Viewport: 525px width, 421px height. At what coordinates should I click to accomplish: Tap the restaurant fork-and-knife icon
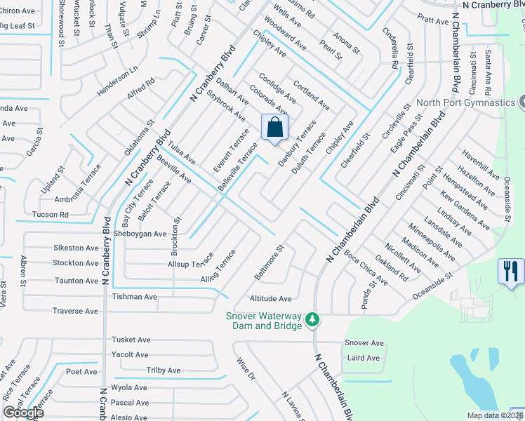pos(510,272)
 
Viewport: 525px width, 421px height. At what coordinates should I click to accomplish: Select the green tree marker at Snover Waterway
pos(312,321)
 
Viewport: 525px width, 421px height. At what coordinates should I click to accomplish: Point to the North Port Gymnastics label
pos(466,102)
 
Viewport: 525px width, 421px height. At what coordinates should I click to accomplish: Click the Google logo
pos(23,413)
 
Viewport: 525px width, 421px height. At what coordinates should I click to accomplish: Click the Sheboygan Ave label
pos(140,234)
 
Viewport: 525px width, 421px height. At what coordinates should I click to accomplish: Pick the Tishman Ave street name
pos(134,297)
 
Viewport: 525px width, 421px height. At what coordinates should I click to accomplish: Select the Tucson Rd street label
pos(51,214)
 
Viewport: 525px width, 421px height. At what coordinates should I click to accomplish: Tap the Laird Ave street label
pos(364,358)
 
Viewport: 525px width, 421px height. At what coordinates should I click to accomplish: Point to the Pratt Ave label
pos(433,22)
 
